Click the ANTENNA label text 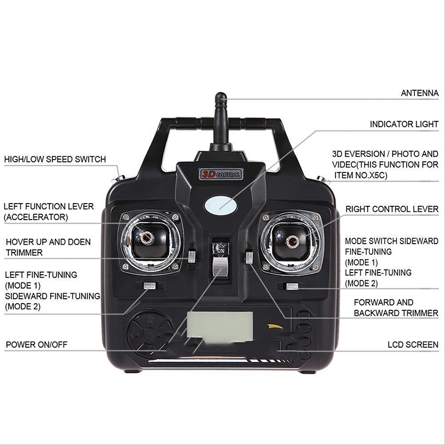(419, 93)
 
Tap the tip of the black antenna (220, 93)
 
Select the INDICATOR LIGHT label (404, 124)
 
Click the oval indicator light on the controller (220, 205)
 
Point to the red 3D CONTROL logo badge (221, 174)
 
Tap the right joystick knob (293, 241)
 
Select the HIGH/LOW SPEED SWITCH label (55, 159)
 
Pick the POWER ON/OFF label (37, 344)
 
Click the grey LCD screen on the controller (220, 325)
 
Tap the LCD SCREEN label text (413, 344)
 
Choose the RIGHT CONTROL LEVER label (392, 209)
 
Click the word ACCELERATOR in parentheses (36, 217)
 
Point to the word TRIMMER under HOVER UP (24, 253)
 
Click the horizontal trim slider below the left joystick (150, 285)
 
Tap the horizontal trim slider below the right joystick (291, 286)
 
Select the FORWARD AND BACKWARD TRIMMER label (396, 308)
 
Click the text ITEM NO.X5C (360, 175)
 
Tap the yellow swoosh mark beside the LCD (275, 327)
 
